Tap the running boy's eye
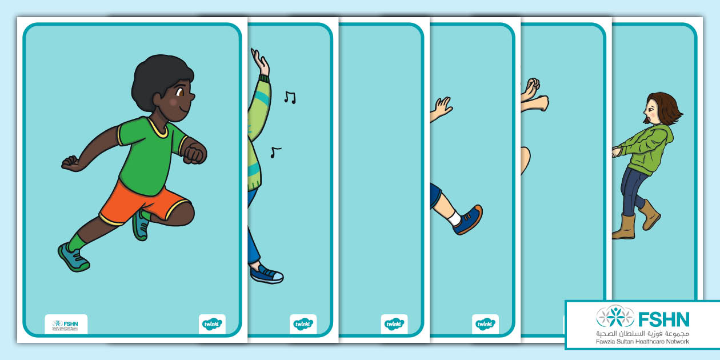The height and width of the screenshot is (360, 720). (x=179, y=92)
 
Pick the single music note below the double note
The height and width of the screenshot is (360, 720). (x=275, y=152)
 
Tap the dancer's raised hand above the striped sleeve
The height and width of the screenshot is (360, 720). (x=260, y=61)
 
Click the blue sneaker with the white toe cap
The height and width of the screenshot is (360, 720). (x=267, y=274)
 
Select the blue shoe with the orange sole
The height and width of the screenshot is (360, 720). (x=468, y=220)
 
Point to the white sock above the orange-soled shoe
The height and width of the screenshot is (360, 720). (x=454, y=218)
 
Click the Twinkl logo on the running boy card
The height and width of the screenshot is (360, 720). (x=212, y=324)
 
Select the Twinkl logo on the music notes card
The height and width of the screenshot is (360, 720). (x=303, y=324)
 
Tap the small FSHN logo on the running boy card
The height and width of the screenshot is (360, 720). (x=66, y=324)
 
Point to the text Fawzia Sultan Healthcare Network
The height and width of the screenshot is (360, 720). (x=643, y=342)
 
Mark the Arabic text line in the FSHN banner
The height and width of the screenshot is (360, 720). (x=643, y=333)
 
